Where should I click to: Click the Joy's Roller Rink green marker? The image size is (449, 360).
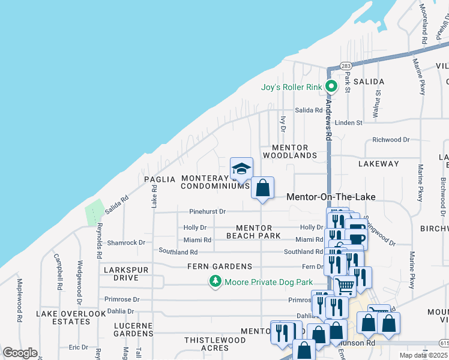click(330, 87)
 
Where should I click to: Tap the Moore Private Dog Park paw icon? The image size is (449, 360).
click(215, 281)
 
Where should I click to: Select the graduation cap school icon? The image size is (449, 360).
click(241, 168)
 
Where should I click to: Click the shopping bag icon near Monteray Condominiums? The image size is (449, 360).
click(262, 187)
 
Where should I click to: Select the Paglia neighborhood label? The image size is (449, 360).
click(159, 179)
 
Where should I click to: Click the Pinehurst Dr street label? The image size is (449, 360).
click(207, 212)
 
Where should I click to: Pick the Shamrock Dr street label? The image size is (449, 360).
click(126, 243)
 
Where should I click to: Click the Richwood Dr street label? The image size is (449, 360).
click(391, 140)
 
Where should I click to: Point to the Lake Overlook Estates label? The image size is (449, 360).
click(71, 317)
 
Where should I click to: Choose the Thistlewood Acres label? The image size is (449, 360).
click(214, 344)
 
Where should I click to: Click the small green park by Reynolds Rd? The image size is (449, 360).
click(94, 213)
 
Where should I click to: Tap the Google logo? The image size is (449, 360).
click(20, 353)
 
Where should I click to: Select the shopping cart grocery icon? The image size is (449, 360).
click(345, 287)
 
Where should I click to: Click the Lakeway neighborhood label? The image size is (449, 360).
click(378, 164)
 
